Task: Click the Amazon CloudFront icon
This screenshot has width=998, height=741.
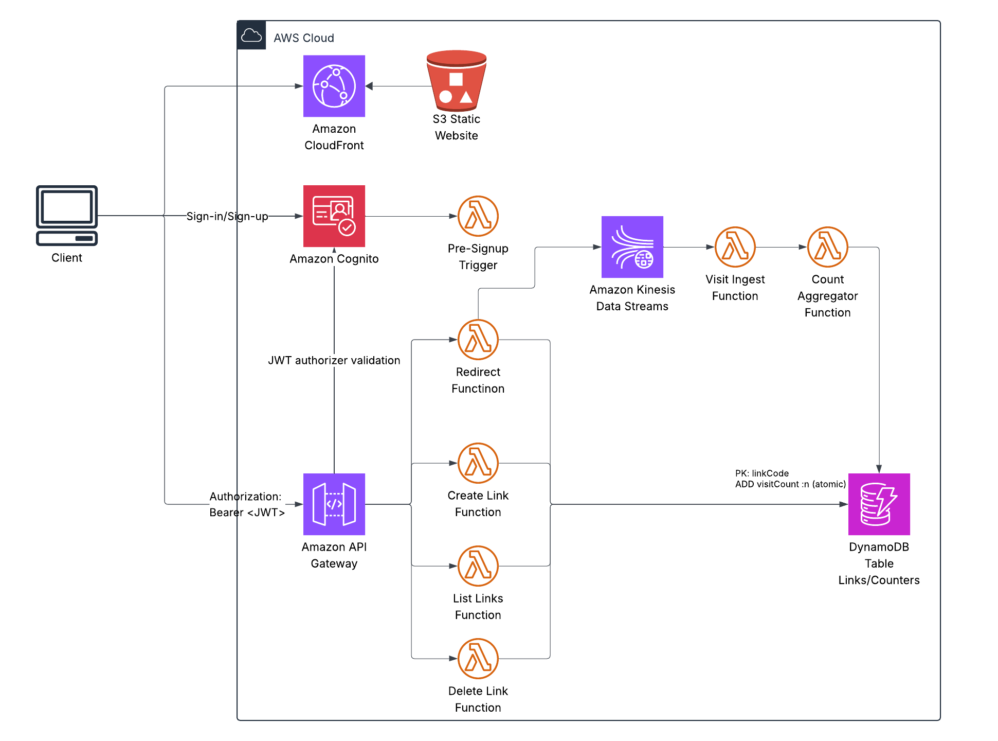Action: tap(334, 86)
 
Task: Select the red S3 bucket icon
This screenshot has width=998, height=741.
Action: tap(456, 81)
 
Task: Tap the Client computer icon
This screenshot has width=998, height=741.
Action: tap(67, 215)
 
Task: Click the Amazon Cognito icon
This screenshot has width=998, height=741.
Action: tap(334, 216)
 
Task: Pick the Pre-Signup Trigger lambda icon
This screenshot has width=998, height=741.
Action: tap(478, 216)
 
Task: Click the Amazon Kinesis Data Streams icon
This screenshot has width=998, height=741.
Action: tap(632, 247)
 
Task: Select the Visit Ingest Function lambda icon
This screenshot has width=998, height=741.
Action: tap(735, 247)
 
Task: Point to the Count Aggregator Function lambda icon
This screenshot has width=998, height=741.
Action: tap(827, 247)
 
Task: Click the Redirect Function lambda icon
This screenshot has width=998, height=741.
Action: tap(478, 340)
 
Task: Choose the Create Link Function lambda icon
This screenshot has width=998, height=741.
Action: tap(478, 463)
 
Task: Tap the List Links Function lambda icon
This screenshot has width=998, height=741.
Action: tap(478, 566)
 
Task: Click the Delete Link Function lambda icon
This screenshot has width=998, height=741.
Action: tap(478, 659)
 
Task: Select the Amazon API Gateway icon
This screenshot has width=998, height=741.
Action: tap(334, 504)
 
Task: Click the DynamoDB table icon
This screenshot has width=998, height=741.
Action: tap(879, 504)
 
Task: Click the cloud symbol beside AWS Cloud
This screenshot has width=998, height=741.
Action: tap(251, 36)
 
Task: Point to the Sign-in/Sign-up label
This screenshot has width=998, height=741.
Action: tap(227, 216)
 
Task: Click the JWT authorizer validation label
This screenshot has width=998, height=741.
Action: tap(334, 360)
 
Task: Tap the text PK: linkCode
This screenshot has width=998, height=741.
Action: tap(762, 473)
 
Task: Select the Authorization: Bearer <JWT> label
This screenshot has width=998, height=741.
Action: tap(247, 504)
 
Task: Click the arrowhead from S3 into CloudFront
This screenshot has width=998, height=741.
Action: tap(369, 86)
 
